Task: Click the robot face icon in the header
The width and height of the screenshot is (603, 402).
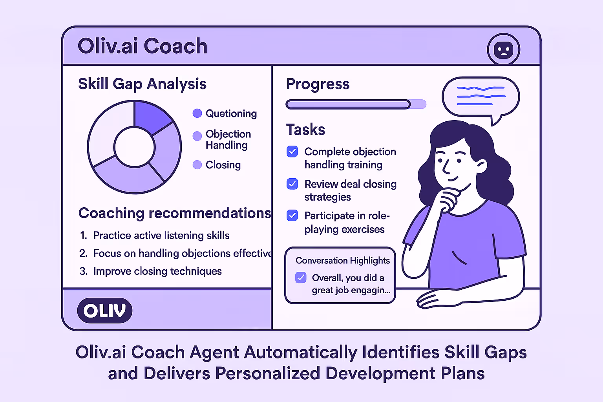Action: (503, 50)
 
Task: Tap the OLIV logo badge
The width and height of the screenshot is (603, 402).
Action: (105, 311)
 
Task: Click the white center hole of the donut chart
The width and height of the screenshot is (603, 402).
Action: (134, 147)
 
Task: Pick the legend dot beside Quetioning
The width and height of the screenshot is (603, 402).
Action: (197, 113)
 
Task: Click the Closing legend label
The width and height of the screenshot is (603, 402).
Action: (223, 165)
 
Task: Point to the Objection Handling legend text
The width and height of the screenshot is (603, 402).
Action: (228, 139)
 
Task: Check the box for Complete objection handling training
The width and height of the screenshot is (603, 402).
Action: (292, 152)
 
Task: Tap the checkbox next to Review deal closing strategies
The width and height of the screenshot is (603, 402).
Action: (292, 184)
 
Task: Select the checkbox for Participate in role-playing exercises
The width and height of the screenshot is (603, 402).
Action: (292, 216)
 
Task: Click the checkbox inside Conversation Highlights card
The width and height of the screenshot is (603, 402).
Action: (301, 278)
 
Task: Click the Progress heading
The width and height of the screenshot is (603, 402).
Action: (318, 84)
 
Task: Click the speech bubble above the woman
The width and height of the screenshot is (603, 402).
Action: (481, 97)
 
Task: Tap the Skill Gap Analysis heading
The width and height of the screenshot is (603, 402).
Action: (142, 84)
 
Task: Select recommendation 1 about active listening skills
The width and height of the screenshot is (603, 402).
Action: (161, 236)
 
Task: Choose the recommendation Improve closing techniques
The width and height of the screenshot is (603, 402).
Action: (157, 271)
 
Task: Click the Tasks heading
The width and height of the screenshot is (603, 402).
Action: (305, 130)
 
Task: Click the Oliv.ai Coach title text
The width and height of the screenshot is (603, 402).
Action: (142, 46)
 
